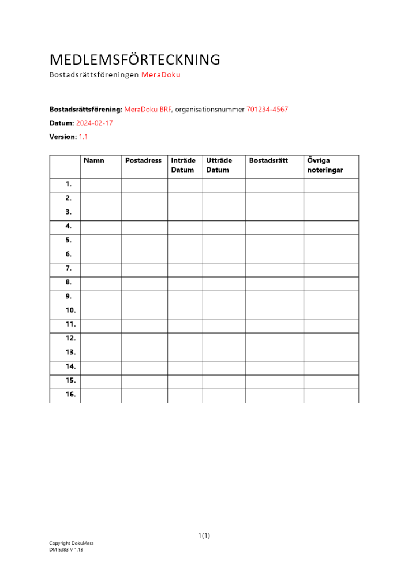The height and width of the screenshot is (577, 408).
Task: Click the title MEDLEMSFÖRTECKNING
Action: coord(135,59)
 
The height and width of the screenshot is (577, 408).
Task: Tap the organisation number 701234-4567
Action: coord(267,109)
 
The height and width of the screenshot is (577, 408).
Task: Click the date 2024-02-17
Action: coord(95,123)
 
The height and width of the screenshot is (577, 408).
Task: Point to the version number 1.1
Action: coord(83,137)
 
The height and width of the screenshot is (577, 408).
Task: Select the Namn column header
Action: coord(94,160)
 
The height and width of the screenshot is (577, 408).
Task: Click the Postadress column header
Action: coord(143,160)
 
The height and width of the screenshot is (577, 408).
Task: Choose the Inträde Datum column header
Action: coord(184,165)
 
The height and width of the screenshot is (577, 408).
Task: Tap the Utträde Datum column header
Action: coord(219,165)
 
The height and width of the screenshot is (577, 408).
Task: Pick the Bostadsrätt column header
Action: coord(268,160)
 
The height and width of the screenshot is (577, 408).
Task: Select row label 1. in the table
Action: coord(69,185)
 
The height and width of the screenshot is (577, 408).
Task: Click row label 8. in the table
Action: coord(69,283)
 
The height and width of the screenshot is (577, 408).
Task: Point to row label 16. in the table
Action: coord(70,395)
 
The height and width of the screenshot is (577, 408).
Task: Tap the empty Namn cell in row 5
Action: coord(100,241)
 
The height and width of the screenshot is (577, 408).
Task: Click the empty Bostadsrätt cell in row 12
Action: coord(275,339)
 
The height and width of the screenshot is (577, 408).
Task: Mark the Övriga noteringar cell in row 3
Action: coord(331,213)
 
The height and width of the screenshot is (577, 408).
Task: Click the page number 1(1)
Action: coord(204,535)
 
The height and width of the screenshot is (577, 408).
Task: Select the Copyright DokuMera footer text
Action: coord(72,544)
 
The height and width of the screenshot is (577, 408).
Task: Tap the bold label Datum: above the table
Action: coord(62,123)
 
